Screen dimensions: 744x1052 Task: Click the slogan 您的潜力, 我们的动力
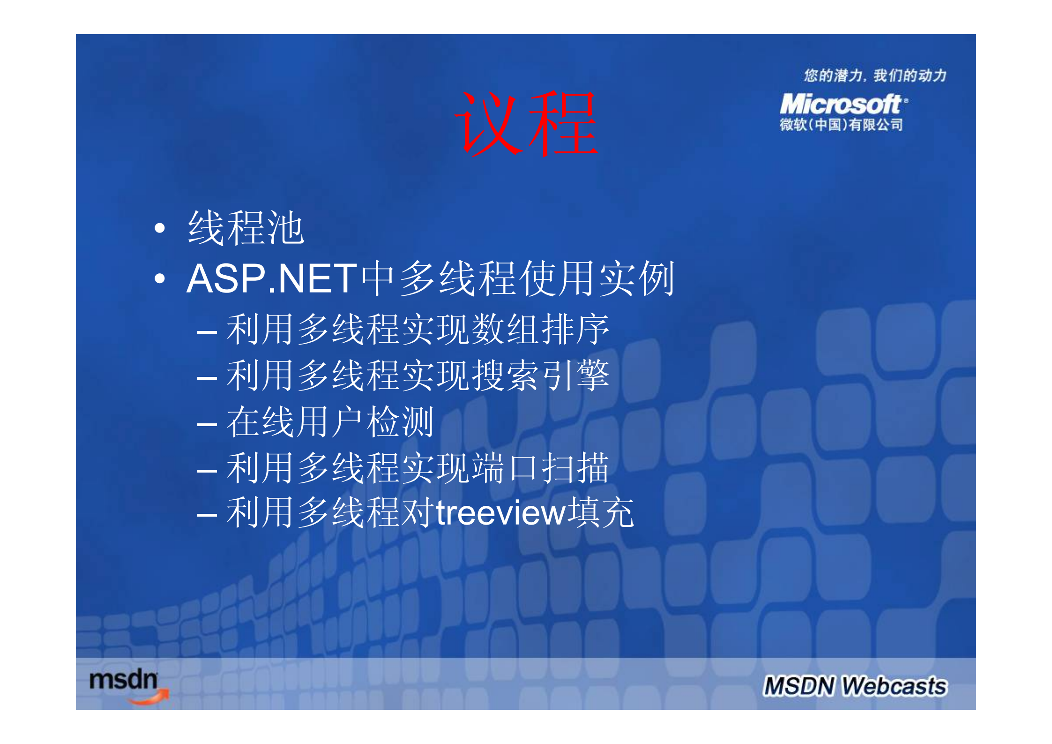tap(875, 75)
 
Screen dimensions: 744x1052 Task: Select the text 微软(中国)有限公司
tap(841, 125)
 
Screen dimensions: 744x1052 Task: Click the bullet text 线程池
tap(246, 228)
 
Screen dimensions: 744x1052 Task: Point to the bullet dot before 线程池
tap(160, 228)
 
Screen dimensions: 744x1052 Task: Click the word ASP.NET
tap(272, 278)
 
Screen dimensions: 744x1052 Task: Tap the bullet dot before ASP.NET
tap(160, 278)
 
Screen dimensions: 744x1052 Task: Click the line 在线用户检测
tap(330, 422)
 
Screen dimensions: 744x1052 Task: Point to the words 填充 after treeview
tap(601, 513)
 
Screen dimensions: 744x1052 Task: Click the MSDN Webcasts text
tap(855, 686)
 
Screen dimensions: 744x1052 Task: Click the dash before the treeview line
tap(207, 516)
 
